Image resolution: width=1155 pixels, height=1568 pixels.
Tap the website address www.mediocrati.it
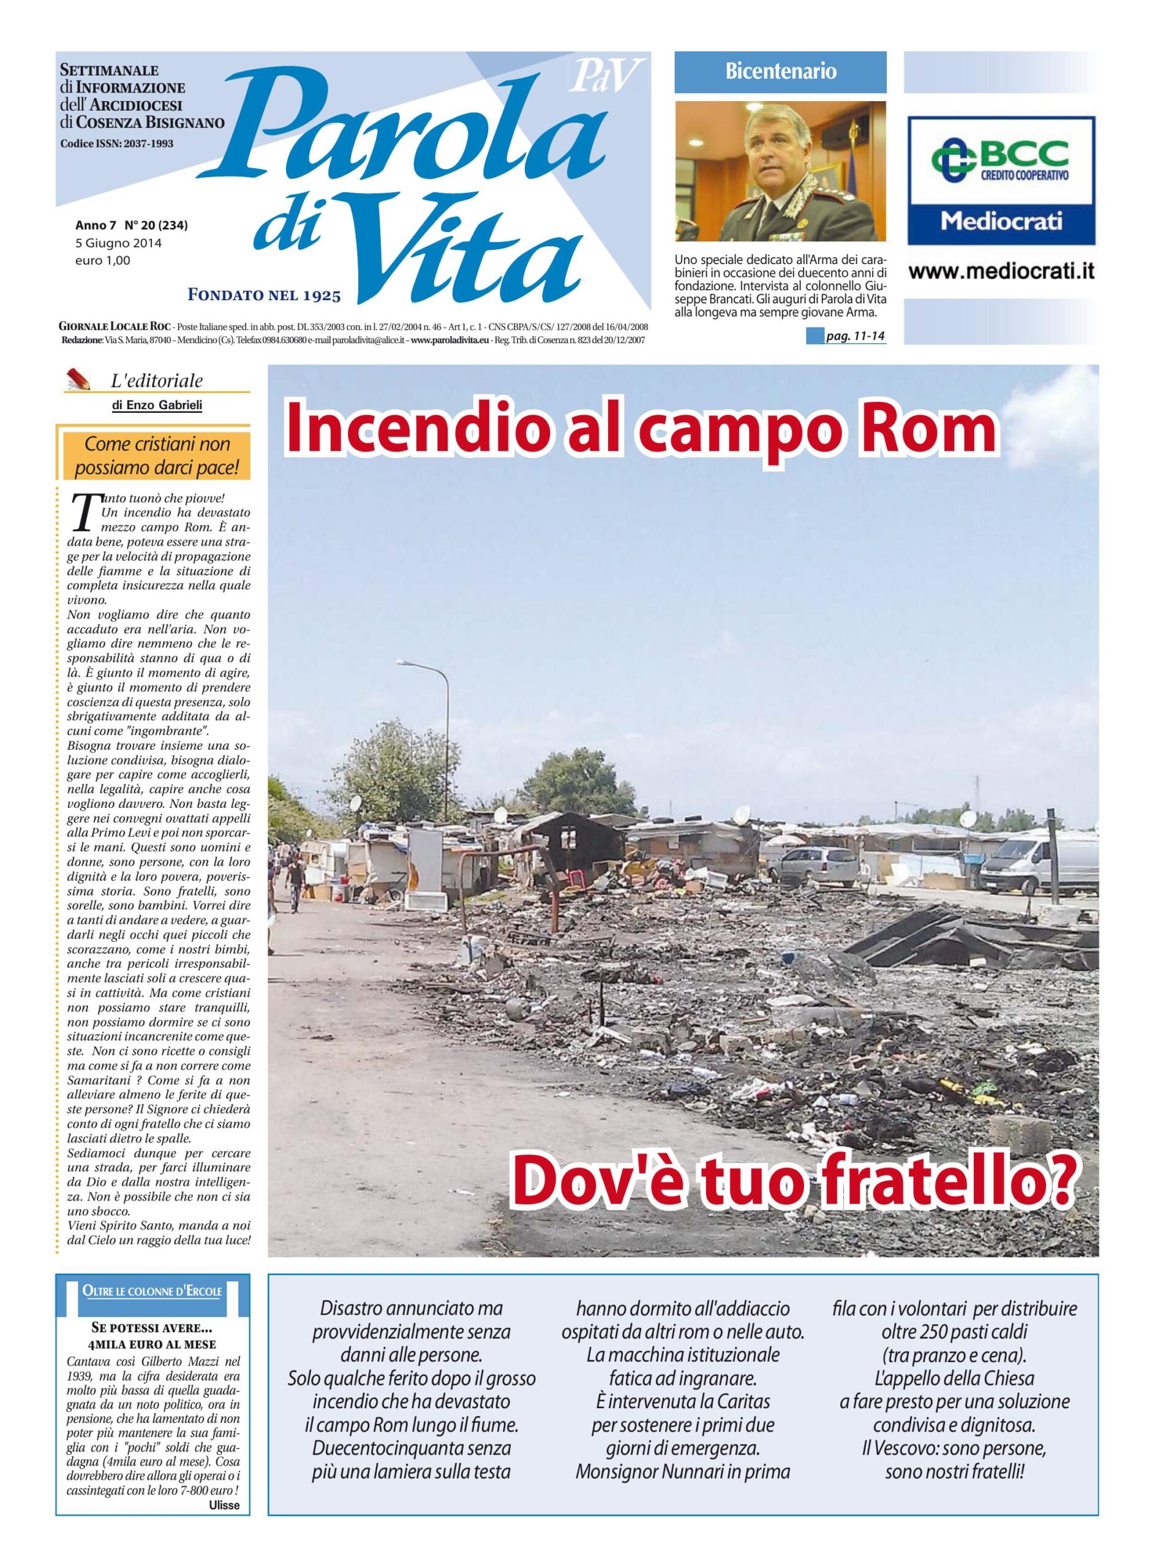(1001, 272)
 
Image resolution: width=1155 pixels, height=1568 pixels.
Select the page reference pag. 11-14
(855, 337)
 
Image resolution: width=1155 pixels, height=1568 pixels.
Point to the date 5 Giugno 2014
(118, 244)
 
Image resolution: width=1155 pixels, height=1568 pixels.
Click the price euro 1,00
(103, 261)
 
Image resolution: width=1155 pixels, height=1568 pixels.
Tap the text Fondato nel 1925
(265, 296)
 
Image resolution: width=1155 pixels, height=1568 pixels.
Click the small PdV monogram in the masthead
(606, 76)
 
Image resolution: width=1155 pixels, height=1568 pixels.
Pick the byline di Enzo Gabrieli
(157, 405)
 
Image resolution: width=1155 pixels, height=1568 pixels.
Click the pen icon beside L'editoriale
(79, 380)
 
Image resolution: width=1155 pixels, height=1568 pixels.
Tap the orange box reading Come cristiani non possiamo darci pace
(157, 456)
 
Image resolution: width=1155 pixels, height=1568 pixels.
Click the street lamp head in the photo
(407, 663)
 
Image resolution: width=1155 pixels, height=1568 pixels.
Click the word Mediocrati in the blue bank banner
(1001, 222)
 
